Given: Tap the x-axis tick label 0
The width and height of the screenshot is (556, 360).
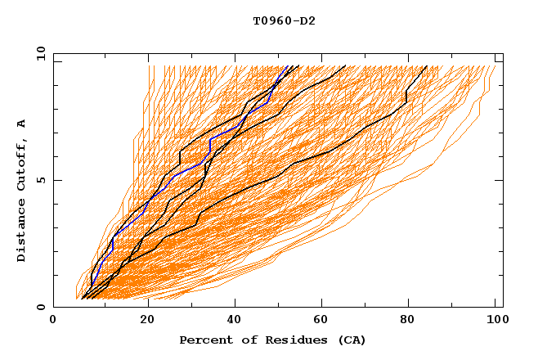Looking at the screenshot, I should [53, 322].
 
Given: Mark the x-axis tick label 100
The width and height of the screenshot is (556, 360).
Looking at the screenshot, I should [495, 322].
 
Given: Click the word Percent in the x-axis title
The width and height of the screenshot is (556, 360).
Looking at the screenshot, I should [203, 340].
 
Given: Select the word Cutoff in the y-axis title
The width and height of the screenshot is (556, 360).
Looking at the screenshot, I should [22, 163].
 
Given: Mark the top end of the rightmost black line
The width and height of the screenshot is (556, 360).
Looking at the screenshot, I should [426, 66].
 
